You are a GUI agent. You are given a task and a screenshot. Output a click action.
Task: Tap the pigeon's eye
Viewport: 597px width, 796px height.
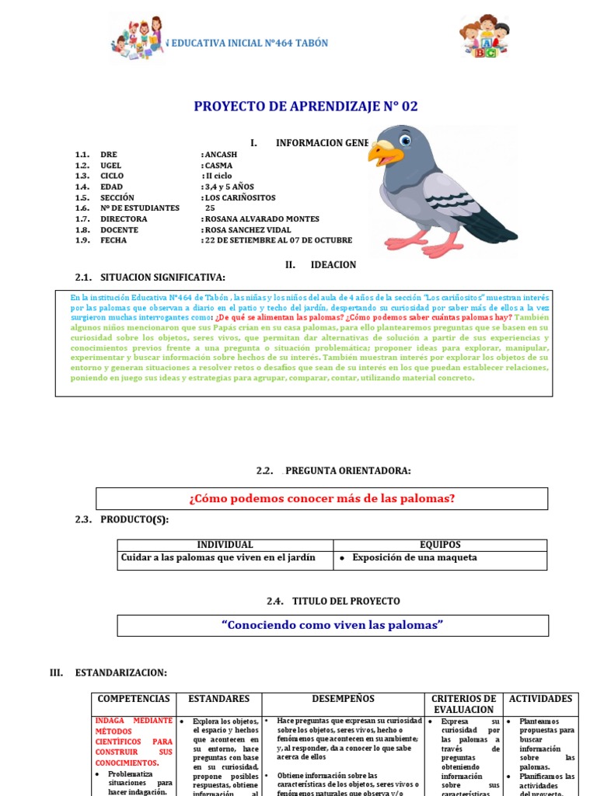[x=404, y=141]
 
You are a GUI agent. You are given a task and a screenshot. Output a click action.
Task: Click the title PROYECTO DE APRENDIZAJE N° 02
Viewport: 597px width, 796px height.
[x=305, y=106]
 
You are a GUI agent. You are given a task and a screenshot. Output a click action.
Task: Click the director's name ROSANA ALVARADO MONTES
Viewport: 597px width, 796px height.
[x=261, y=219]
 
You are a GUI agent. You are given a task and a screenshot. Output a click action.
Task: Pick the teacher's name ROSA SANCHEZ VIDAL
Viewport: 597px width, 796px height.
[x=247, y=230]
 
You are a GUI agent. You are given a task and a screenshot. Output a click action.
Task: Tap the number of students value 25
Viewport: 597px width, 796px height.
[x=210, y=208]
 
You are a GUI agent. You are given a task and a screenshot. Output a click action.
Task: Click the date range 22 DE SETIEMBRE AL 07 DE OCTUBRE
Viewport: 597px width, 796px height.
[x=278, y=241]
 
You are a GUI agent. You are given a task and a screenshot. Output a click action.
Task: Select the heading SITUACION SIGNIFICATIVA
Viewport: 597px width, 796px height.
[x=162, y=278]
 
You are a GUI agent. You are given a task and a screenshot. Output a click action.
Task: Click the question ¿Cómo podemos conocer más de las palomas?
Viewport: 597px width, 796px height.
[x=322, y=498]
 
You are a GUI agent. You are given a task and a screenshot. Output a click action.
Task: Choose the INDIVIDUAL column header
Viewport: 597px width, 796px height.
[x=225, y=545]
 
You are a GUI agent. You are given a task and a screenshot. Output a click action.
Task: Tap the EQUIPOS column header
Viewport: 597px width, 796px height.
[x=440, y=545]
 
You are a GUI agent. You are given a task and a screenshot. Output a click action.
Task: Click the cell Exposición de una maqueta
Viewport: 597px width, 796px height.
[x=414, y=557]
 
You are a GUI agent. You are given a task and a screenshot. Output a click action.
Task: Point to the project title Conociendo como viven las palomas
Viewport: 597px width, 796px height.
[x=332, y=625]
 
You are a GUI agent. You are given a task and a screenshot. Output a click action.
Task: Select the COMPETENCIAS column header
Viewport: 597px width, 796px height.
[x=134, y=699]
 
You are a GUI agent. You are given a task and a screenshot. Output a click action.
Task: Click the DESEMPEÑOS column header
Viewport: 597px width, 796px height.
[x=343, y=699]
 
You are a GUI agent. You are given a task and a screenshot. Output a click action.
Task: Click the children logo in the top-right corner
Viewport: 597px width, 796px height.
[x=484, y=37]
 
